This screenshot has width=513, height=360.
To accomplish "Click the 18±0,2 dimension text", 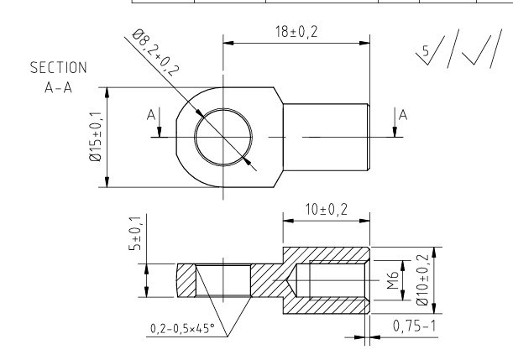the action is point(296,32).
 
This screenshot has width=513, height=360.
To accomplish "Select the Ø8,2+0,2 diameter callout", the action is point(155,53).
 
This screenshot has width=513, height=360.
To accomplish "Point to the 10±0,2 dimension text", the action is point(326,209).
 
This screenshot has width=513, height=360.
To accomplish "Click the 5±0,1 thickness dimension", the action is point(135,233).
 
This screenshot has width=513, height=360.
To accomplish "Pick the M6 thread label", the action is point(393,280).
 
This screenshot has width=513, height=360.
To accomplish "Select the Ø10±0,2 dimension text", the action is point(422,280).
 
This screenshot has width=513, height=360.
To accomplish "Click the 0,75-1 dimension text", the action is point(415,326).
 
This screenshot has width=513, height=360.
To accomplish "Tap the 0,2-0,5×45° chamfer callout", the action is point(182,328).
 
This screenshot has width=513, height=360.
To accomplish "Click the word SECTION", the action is point(59,68).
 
